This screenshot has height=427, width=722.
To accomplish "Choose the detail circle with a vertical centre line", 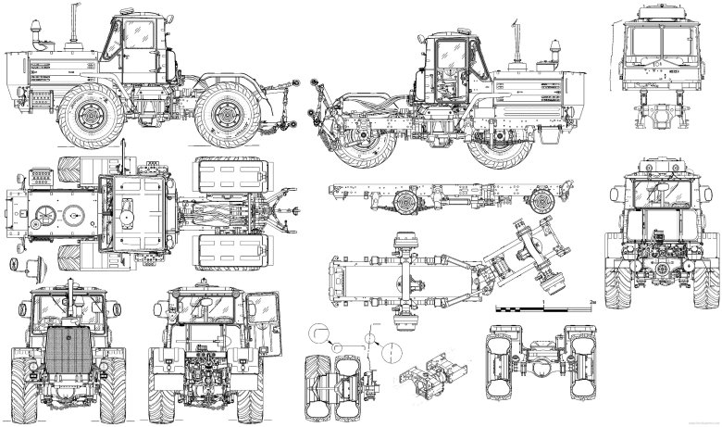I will point(390,353).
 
